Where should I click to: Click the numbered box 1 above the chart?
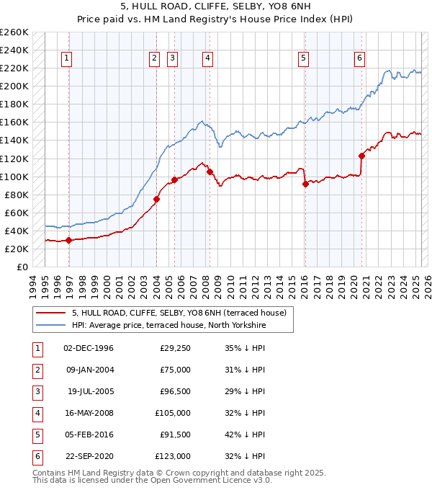tap(66, 58)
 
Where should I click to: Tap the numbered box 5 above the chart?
tap(304, 58)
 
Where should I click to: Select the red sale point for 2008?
tap(210, 171)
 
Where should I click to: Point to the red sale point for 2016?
tap(305, 184)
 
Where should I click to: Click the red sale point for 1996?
tap(68, 240)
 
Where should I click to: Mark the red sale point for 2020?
tap(361, 156)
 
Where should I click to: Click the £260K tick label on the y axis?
tap(14, 32)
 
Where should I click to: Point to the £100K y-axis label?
tap(14, 177)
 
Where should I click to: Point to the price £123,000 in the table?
tap(174, 456)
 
